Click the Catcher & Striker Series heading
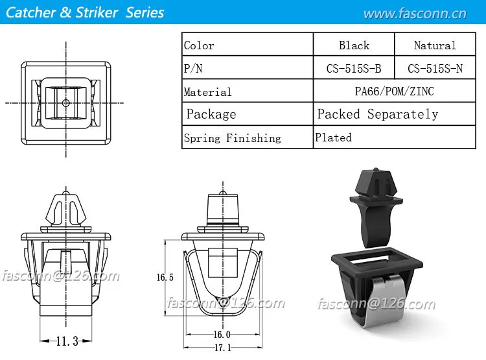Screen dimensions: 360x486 pyautogui.click(x=84, y=12)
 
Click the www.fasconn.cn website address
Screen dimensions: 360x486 pyautogui.click(x=415, y=14)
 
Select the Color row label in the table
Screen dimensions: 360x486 pyautogui.click(x=199, y=45)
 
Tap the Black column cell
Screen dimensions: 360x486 pyautogui.click(x=354, y=45)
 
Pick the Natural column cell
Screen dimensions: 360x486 pyautogui.click(x=435, y=45)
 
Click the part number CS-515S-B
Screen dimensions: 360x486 pyautogui.click(x=354, y=68)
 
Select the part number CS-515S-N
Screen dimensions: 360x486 pyautogui.click(x=435, y=68)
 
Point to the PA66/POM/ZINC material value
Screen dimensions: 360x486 pyautogui.click(x=394, y=91)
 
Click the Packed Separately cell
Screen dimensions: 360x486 pyautogui.click(x=378, y=114)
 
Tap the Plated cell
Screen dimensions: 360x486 pyautogui.click(x=334, y=138)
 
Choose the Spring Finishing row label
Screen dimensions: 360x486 pyautogui.click(x=233, y=138)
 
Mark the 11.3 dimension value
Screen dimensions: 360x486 pyautogui.click(x=67, y=341)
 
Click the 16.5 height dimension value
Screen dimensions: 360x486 pyautogui.click(x=165, y=277)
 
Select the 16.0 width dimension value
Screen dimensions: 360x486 pyautogui.click(x=222, y=335)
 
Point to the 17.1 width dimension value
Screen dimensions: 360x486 pyautogui.click(x=222, y=348)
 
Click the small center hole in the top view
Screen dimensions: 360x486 pyautogui.click(x=66, y=102)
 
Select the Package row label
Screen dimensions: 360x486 pyautogui.click(x=211, y=114)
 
